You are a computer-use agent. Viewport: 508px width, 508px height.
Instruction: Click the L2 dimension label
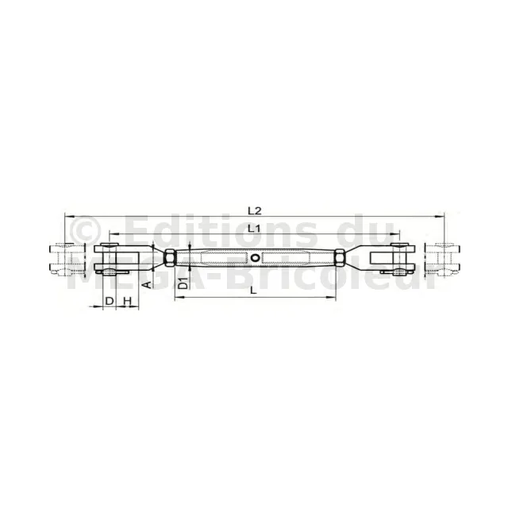[x=254, y=211]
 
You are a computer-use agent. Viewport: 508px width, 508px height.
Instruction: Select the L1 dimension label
[x=254, y=229]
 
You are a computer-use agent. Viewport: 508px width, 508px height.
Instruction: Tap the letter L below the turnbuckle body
[x=253, y=291]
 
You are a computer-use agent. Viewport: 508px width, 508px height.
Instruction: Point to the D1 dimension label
[x=183, y=283]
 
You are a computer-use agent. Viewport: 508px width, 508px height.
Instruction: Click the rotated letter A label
[x=148, y=285]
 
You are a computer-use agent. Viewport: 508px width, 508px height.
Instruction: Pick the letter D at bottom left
[x=110, y=301]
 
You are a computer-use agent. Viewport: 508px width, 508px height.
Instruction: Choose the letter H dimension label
[x=127, y=301]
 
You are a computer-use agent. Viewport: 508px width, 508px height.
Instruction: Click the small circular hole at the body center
[x=255, y=258]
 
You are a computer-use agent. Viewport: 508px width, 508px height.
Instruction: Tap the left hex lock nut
[x=169, y=258]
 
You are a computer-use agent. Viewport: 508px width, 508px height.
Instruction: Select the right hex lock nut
[x=340, y=258]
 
